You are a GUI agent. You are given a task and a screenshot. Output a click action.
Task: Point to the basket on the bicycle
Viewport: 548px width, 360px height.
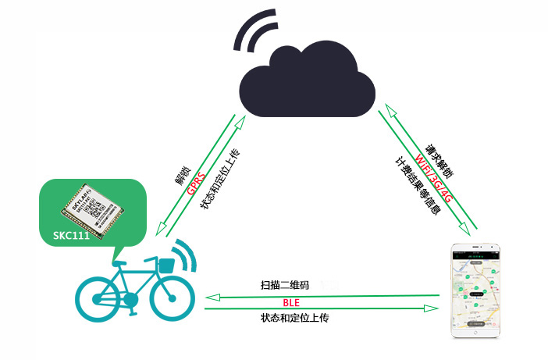pos(165,265)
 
